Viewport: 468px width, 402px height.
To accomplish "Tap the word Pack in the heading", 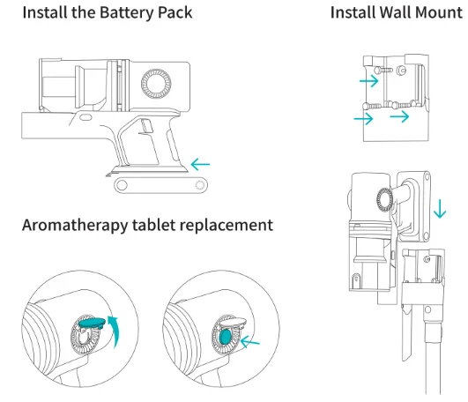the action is pyautogui.click(x=175, y=13).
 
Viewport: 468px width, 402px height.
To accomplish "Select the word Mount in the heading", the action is pyautogui.click(x=439, y=12).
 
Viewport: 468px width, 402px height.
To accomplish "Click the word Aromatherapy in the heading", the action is pyautogui.click(x=75, y=226).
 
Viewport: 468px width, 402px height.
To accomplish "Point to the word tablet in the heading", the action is pyautogui.click(x=153, y=225).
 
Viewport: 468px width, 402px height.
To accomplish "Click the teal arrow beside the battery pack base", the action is pyautogui.click(x=200, y=164).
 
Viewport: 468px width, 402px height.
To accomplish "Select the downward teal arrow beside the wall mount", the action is pyautogui.click(x=440, y=209).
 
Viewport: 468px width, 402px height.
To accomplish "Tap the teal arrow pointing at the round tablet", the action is pyautogui.click(x=249, y=342).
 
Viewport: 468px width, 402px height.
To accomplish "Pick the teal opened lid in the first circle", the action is pyautogui.click(x=92, y=323).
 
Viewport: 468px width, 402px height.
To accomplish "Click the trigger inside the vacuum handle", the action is pyautogui.click(x=146, y=126).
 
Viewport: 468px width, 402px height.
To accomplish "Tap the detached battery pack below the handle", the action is pyautogui.click(x=161, y=185).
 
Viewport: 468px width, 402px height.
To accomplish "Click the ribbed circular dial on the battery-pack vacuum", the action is pyautogui.click(x=156, y=84).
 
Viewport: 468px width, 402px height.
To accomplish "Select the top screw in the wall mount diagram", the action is pyautogui.click(x=383, y=71).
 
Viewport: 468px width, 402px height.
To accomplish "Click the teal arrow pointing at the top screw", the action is pyautogui.click(x=369, y=80).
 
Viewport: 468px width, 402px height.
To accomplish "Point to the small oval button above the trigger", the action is pyautogui.click(x=86, y=117).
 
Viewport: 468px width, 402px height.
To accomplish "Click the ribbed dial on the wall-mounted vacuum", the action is pyautogui.click(x=385, y=199).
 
